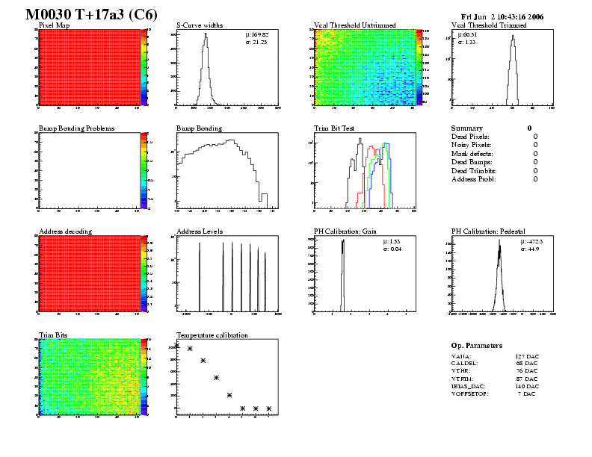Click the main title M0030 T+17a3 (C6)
[x=90, y=14]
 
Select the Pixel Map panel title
[x=54, y=25]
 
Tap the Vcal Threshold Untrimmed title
[x=355, y=25]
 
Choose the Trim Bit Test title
[x=334, y=128]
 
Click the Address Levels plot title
[x=200, y=231]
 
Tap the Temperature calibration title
[x=212, y=335]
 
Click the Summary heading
[x=467, y=128]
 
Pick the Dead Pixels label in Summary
[x=470, y=137]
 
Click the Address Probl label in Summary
[x=474, y=179]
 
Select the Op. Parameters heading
[x=477, y=346]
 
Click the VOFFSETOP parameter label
[x=469, y=394]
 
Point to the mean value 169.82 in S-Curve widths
[x=259, y=34]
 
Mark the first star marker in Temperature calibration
[x=177, y=345]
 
